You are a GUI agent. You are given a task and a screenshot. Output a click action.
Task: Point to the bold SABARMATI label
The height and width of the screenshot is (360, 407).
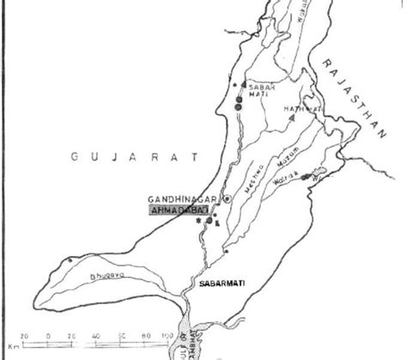(x=239, y=280)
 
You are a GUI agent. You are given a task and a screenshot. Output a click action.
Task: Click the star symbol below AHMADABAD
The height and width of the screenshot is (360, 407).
(x=198, y=221)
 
